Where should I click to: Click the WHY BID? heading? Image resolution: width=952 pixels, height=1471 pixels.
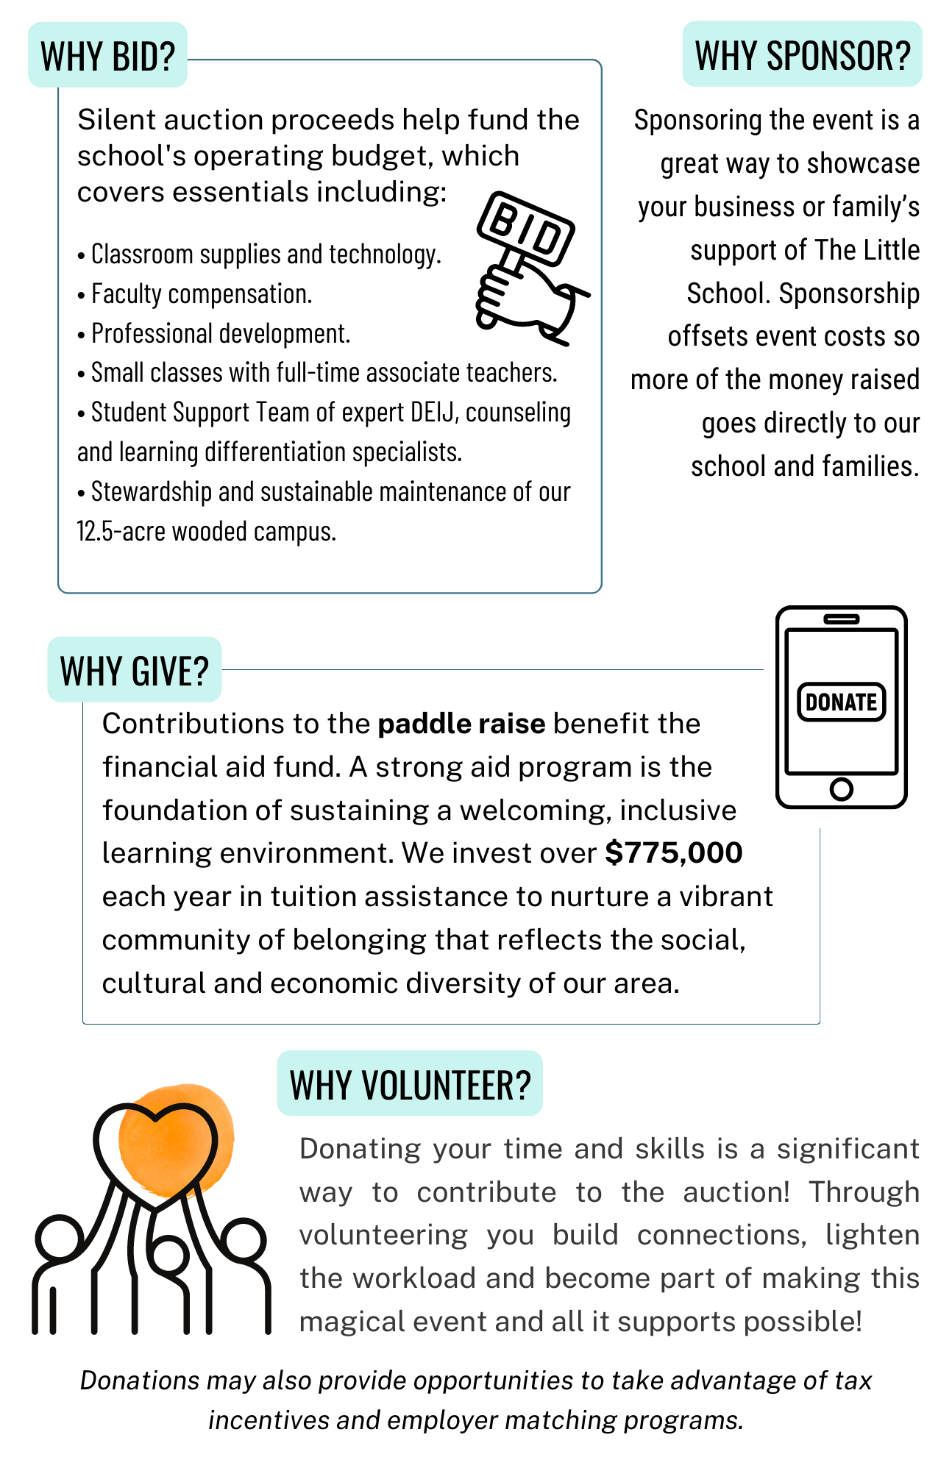coord(107,56)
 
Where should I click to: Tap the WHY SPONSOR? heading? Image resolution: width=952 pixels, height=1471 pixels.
coord(802,55)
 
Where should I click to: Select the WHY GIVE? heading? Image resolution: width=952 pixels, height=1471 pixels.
coord(135,670)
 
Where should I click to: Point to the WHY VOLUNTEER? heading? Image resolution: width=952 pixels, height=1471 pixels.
coord(410,1084)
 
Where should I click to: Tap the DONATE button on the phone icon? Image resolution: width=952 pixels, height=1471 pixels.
coord(841,702)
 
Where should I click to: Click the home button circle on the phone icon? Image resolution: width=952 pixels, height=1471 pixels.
coord(841,789)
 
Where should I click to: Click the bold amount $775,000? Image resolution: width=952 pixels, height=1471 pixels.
coord(673,853)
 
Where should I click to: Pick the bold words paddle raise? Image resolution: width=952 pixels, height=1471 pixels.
coord(461,724)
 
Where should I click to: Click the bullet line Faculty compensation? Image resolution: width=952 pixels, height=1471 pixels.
coord(201,294)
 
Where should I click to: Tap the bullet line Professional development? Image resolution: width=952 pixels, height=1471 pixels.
coord(220,334)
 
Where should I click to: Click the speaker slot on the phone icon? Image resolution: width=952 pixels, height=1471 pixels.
coord(841,619)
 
